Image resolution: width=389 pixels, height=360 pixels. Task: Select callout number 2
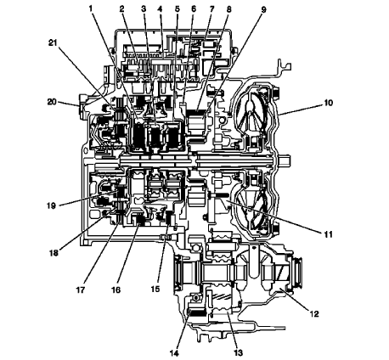click(122, 8)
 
